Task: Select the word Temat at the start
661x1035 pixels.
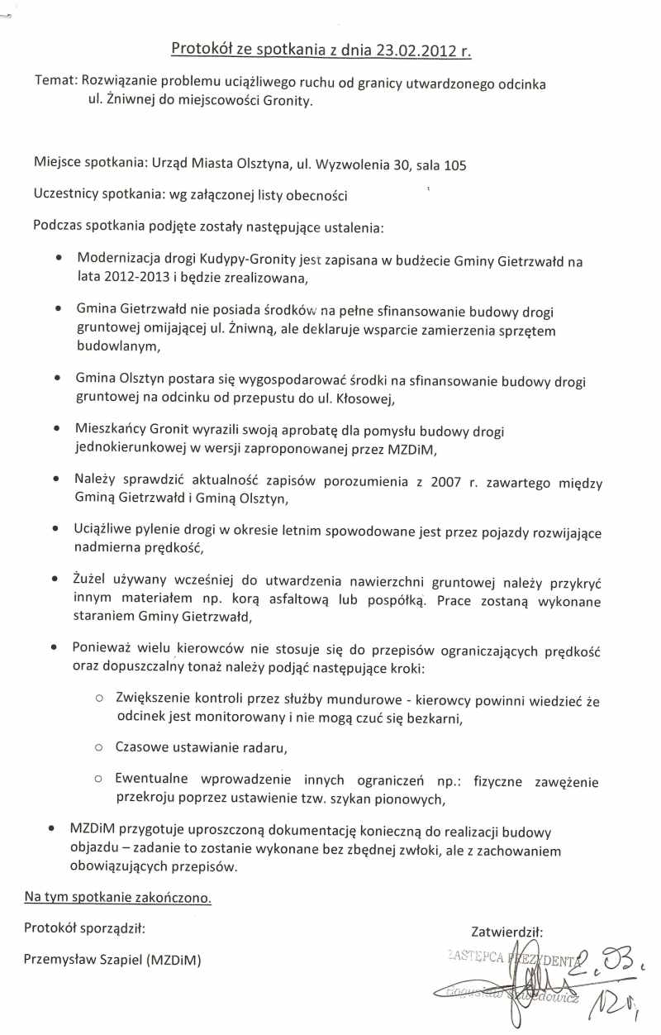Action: click(x=54, y=83)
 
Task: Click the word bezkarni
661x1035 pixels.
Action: click(x=430, y=718)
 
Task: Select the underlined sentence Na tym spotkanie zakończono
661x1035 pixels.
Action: click(x=118, y=897)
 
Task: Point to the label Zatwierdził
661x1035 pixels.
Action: click(x=506, y=932)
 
